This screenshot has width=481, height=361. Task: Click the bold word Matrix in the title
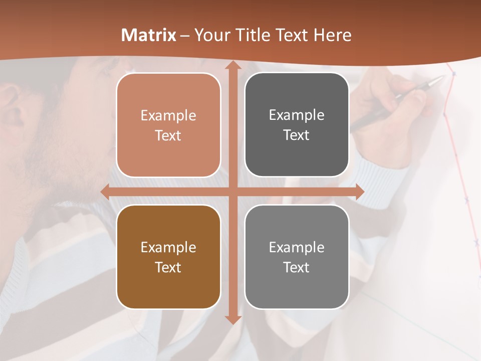(149, 35)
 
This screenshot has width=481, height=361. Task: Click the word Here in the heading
(332, 35)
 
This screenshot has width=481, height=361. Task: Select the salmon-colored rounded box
(168, 125)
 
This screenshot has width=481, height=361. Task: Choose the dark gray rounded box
(297, 125)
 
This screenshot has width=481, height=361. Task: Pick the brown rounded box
(168, 257)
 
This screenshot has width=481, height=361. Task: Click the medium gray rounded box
(297, 257)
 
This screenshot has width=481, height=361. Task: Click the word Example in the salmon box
(168, 116)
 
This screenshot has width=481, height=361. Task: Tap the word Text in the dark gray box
(297, 135)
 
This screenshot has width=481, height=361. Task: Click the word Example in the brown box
(168, 247)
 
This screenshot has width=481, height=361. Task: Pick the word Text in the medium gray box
(297, 267)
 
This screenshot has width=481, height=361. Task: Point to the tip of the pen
(442, 77)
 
